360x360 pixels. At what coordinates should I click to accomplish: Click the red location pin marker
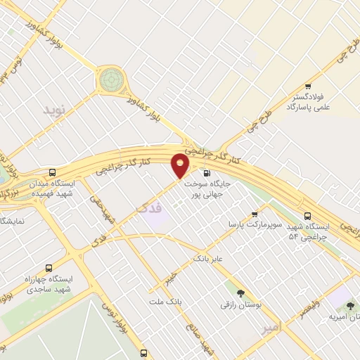[x=181, y=165]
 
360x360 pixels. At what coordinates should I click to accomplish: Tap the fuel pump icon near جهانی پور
[x=206, y=174]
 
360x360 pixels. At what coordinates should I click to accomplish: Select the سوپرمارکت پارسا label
[x=254, y=224]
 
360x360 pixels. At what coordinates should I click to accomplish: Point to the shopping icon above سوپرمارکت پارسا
[x=254, y=214]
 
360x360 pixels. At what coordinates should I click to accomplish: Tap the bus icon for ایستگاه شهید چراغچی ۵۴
[x=307, y=216]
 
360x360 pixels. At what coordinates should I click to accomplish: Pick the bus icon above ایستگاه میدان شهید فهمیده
[x=53, y=172]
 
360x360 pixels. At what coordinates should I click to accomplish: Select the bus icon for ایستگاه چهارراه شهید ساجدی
[x=49, y=267]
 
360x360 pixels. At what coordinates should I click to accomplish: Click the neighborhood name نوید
[x=53, y=110]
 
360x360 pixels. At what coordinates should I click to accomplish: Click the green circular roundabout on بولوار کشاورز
[x=110, y=80]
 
